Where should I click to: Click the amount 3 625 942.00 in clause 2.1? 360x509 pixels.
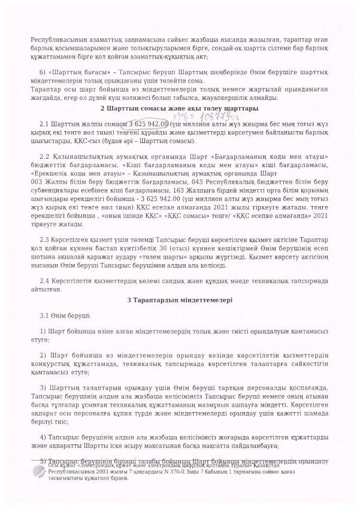coord(138,123)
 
